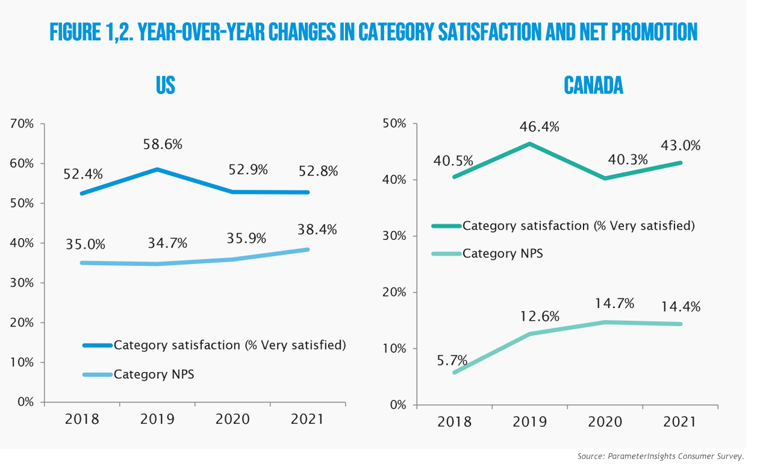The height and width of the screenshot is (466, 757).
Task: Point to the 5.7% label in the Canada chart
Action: pyautogui.click(x=451, y=361)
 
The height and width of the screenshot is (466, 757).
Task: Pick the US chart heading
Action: pyautogui.click(x=165, y=86)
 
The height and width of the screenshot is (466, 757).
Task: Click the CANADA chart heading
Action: pyautogui.click(x=593, y=86)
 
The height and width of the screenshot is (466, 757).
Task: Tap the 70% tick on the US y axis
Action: pyautogui.click(x=22, y=124)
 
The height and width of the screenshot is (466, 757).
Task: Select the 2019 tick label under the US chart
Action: pyautogui.click(x=158, y=419)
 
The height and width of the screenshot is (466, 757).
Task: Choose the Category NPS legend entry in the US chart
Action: pyautogui.click(x=154, y=374)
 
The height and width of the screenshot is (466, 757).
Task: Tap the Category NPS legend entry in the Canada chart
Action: pyautogui.click(x=503, y=253)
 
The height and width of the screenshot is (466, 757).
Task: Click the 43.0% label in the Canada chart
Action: pyautogui.click(x=682, y=146)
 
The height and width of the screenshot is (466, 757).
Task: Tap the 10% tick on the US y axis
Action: pyautogui.click(x=22, y=362)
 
